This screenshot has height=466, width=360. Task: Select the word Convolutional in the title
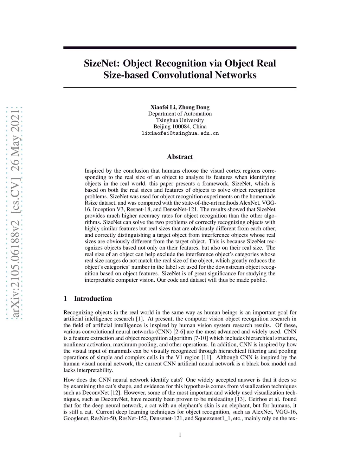tap(185, 75)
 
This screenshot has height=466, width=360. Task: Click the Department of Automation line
tap(180, 114)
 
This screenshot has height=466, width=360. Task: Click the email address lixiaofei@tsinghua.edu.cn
tap(180, 133)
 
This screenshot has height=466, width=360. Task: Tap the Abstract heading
tap(180, 157)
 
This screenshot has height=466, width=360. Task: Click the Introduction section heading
tap(93, 299)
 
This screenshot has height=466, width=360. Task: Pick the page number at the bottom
tap(180, 435)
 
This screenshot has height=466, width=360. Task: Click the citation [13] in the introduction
tap(240, 399)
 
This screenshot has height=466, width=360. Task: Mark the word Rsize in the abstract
tap(91, 203)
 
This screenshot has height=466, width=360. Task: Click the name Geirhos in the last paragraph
tap(258, 399)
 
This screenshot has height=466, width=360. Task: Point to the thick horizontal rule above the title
tap(180, 47)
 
